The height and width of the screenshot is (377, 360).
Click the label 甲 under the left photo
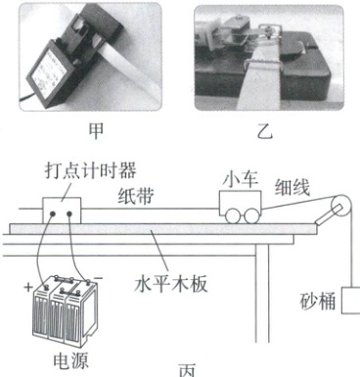[x=97, y=131]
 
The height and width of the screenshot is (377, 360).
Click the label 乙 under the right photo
[x=264, y=131]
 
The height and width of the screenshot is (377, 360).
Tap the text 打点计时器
[x=90, y=170]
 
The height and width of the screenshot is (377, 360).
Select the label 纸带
[x=135, y=196]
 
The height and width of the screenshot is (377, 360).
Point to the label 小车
[x=242, y=179]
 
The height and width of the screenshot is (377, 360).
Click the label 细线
[x=292, y=187]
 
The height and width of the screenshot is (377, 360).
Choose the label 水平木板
[x=171, y=284]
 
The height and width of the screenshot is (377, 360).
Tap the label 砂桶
[x=318, y=302]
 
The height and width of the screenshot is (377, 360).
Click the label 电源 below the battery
[x=71, y=360]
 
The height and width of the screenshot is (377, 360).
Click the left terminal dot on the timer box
[x=53, y=214]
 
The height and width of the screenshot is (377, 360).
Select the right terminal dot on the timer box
[x=69, y=214]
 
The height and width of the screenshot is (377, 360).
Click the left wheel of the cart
[x=234, y=216]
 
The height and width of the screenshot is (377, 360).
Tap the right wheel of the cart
[x=251, y=216]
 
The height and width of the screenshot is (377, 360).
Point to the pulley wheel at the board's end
[x=341, y=206]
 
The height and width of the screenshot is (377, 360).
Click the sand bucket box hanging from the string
[x=351, y=301]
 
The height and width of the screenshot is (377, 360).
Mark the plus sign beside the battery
[x=28, y=287]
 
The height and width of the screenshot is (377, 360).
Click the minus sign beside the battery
[x=99, y=278]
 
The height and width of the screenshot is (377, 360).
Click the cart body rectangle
[x=241, y=203]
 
